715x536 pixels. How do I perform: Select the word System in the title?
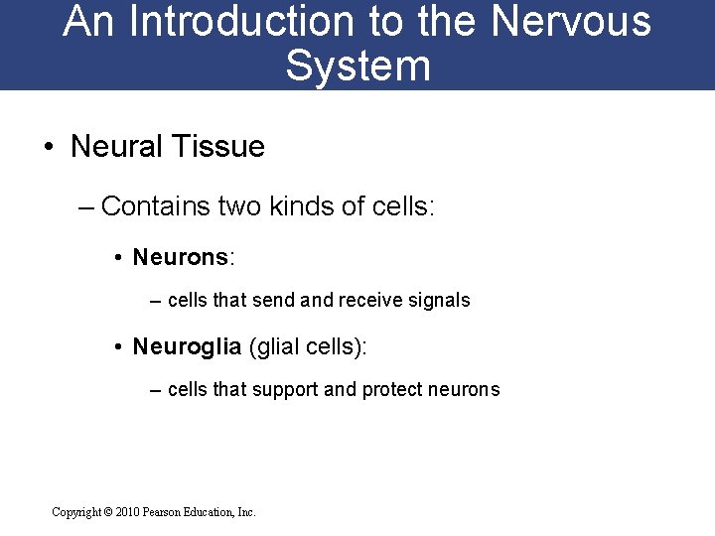pyautogui.click(x=357, y=66)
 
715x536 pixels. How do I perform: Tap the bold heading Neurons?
pyautogui.click(x=180, y=258)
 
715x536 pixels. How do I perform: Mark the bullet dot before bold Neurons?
pyautogui.click(x=117, y=259)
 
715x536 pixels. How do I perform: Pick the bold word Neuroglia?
pyautogui.click(x=187, y=346)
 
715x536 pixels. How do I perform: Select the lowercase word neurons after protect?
pyautogui.click(x=465, y=390)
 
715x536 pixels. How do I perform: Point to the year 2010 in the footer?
pyautogui.click(x=128, y=512)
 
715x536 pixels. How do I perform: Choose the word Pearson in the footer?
pyautogui.click(x=164, y=512)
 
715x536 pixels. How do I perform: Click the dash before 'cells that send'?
pyautogui.click(x=156, y=300)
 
